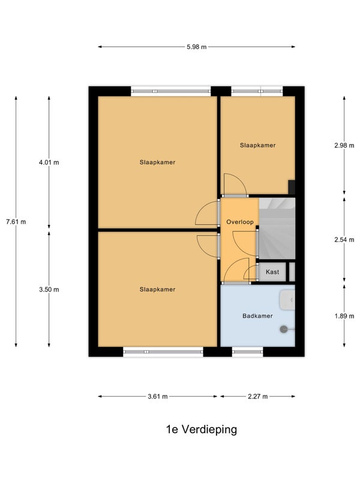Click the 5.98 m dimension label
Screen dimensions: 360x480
[x=197, y=47]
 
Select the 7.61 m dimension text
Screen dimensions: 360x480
[x=16, y=221]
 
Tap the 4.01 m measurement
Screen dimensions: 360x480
[x=49, y=162]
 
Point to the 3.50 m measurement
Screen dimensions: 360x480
[x=49, y=289]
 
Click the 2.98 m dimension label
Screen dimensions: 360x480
[x=344, y=145]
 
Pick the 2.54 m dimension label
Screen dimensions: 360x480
[x=344, y=239]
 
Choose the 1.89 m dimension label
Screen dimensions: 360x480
[x=344, y=316]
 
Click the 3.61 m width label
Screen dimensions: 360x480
[x=158, y=397]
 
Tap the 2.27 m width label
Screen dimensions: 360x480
[x=258, y=397]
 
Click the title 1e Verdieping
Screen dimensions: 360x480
[x=202, y=429]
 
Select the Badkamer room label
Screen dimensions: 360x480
[x=257, y=316]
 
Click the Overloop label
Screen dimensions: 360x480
[x=240, y=221]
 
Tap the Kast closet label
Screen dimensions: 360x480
[x=272, y=272]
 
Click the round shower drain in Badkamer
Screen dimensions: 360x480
[x=284, y=329]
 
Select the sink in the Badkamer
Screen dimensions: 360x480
[x=287, y=299]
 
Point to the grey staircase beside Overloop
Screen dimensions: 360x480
[x=277, y=229]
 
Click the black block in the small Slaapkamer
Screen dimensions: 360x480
[x=292, y=187]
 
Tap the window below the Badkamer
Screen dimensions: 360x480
[x=248, y=352]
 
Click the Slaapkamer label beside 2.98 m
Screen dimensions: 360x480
[x=258, y=145]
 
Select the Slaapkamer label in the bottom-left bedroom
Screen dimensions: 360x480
[x=157, y=289]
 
